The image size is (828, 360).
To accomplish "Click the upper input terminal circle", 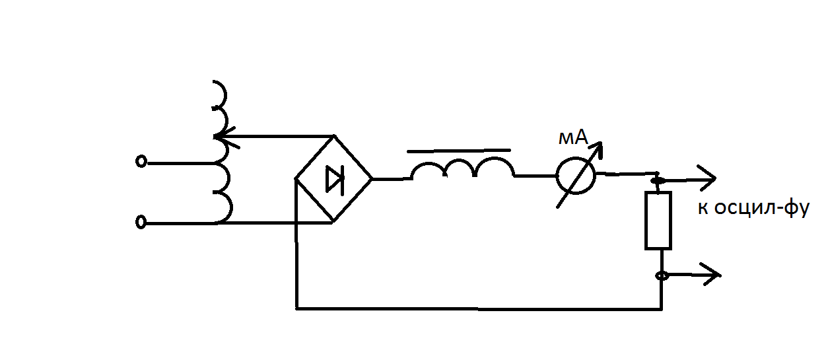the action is [141, 162].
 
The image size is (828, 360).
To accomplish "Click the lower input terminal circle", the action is [141, 223].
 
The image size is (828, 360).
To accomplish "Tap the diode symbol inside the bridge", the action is [335, 180].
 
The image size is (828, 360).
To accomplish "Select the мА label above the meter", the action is [573, 138].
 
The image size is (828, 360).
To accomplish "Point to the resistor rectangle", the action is [645, 221].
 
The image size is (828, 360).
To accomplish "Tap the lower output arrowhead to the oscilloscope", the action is [712, 275].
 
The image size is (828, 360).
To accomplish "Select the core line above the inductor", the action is [459, 151].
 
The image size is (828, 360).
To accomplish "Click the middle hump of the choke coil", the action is [460, 161].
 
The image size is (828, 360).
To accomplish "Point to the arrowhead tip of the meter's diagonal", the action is [601, 143].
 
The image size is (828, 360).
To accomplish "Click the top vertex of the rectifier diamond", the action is [334, 135].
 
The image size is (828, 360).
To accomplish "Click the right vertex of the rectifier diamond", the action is [372, 179].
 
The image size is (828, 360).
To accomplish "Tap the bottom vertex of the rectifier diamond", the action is [333, 223].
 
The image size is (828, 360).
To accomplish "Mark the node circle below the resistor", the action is [662, 275].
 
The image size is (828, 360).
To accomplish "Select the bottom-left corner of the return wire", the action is [296, 308].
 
